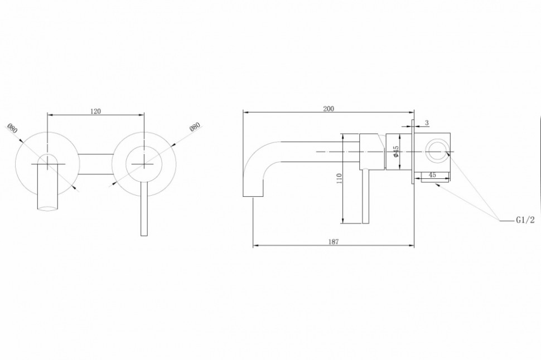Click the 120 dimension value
tap(95, 111)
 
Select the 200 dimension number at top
tap(329, 109)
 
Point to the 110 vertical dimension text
tap(339, 179)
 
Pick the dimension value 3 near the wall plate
tap(426, 123)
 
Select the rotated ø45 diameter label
tap(394, 151)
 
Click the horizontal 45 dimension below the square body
tap(432, 175)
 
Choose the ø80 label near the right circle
tap(195, 127)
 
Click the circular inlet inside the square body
tap(436, 151)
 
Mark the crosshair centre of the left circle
tap(47, 162)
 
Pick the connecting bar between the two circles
tap(95, 164)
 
